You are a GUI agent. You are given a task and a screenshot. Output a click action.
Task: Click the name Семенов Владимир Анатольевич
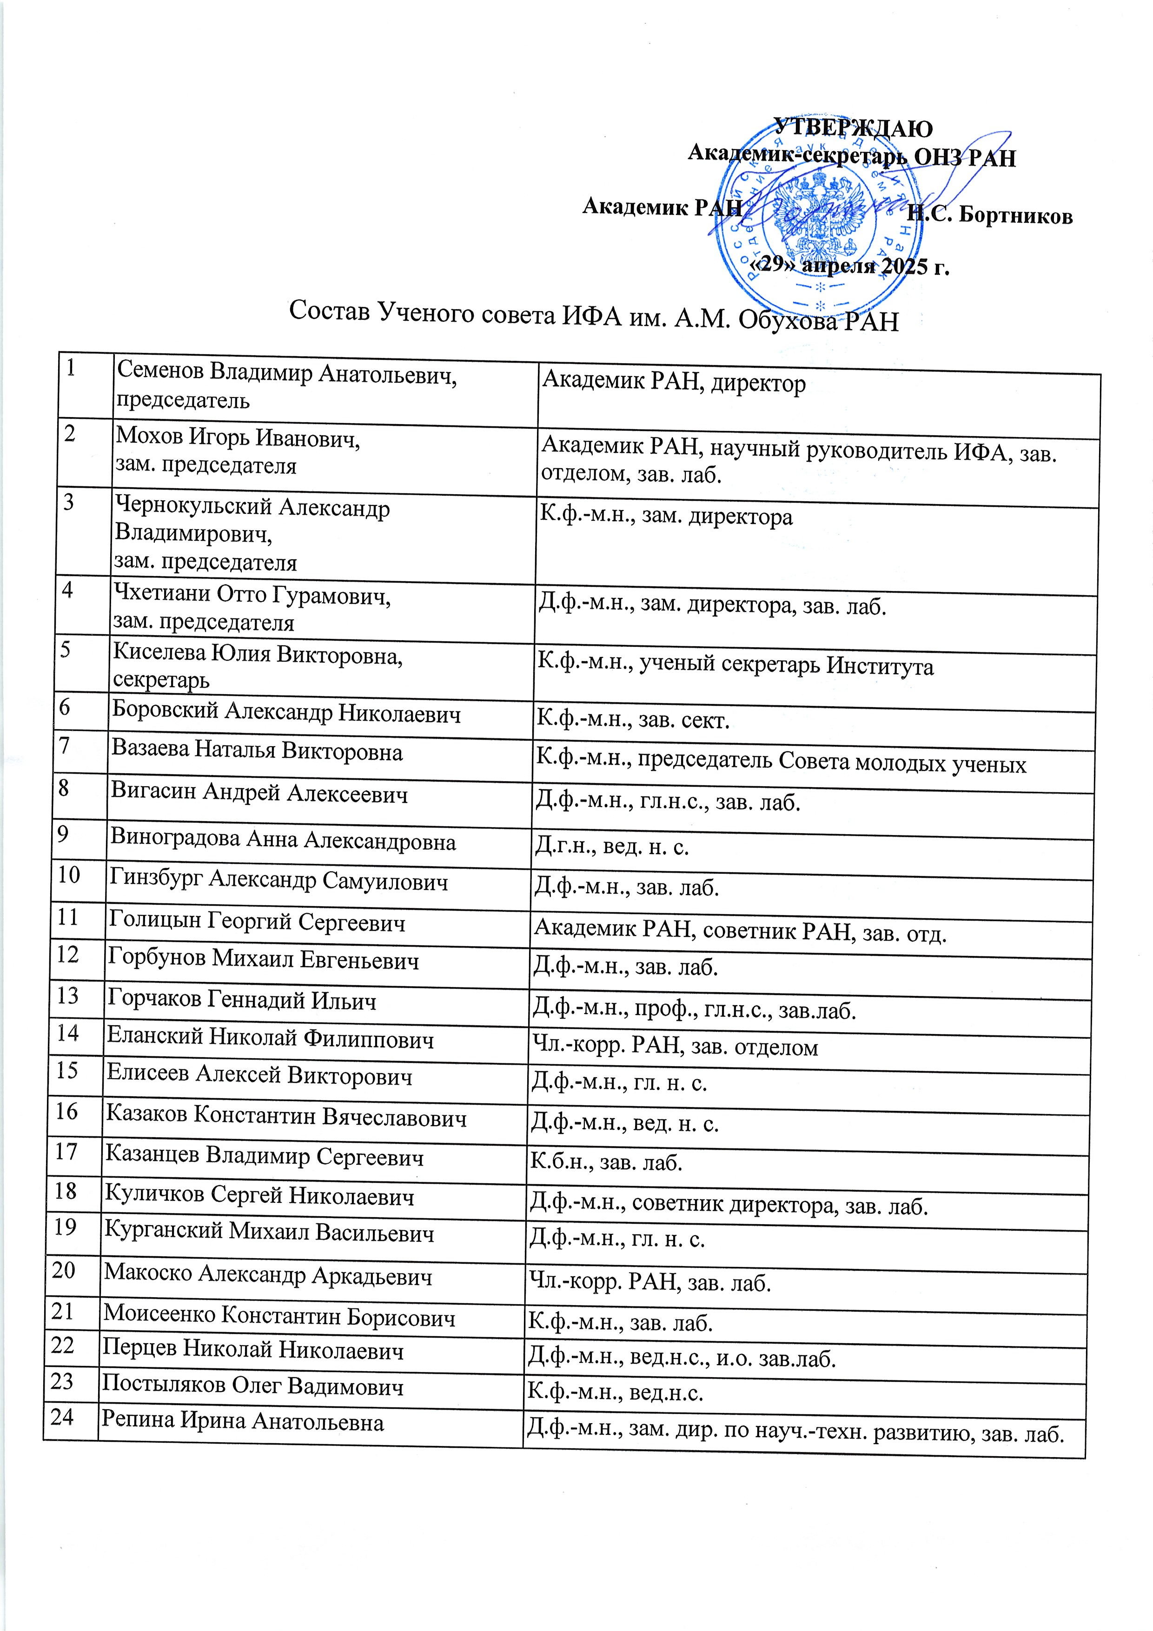(286, 371)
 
